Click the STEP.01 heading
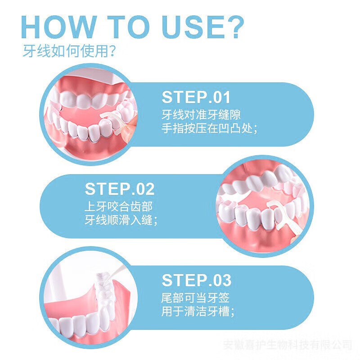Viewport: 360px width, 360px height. (x=196, y=98)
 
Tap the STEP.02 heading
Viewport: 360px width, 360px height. (x=120, y=189)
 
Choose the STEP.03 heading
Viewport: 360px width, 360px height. (x=196, y=280)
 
